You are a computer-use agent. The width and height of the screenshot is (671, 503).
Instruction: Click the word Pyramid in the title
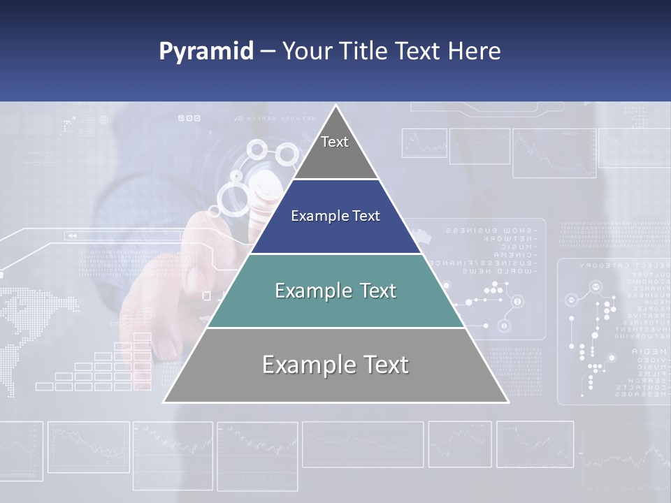pyautogui.click(x=206, y=52)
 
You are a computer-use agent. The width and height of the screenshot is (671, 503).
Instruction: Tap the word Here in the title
pyautogui.click(x=475, y=51)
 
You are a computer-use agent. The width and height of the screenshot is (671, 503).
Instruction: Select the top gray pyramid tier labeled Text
pyautogui.click(x=335, y=150)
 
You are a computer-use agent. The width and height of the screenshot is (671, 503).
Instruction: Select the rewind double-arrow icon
pyautogui.click(x=71, y=236)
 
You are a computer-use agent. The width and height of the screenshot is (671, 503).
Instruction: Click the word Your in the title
pyautogui.click(x=306, y=51)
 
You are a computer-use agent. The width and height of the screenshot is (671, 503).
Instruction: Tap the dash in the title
pyautogui.click(x=268, y=52)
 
